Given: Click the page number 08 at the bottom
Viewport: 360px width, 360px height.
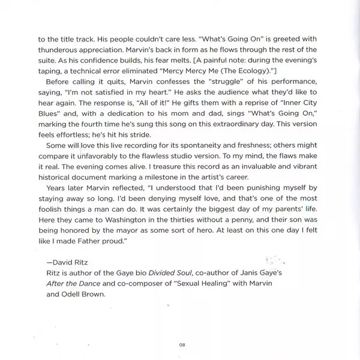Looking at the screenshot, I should coord(181,344).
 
